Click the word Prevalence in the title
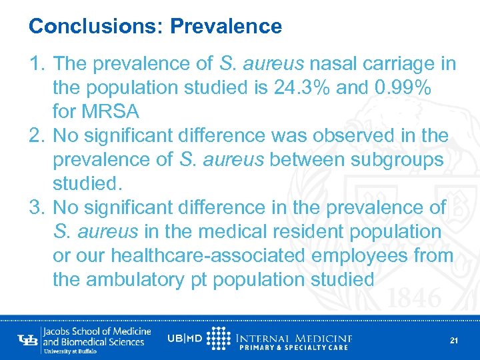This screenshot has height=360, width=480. tap(226, 27)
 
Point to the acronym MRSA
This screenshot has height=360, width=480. tap(118, 111)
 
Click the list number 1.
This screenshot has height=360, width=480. tap(37, 63)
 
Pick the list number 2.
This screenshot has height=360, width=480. tap(37, 135)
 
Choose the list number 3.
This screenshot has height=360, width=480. tap(37, 207)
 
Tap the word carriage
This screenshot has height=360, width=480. tap(401, 63)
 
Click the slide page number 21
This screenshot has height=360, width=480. tap(454, 341)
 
